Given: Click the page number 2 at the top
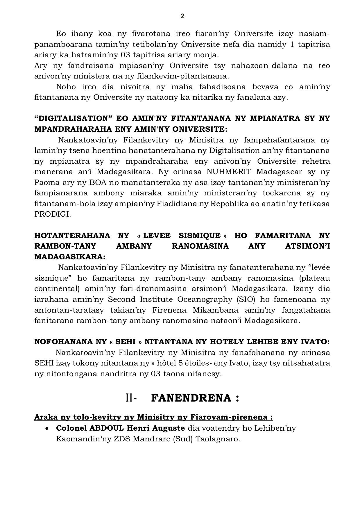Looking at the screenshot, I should pos(182,16).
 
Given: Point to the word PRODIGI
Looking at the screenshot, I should pos(52,214).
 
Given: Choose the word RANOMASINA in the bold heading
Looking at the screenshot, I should pos(200,246).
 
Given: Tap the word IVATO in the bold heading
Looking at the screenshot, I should pos(318,342).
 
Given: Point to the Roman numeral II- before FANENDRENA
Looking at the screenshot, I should pos(131,398).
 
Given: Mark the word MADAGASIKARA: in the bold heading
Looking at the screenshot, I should pos(70,257).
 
